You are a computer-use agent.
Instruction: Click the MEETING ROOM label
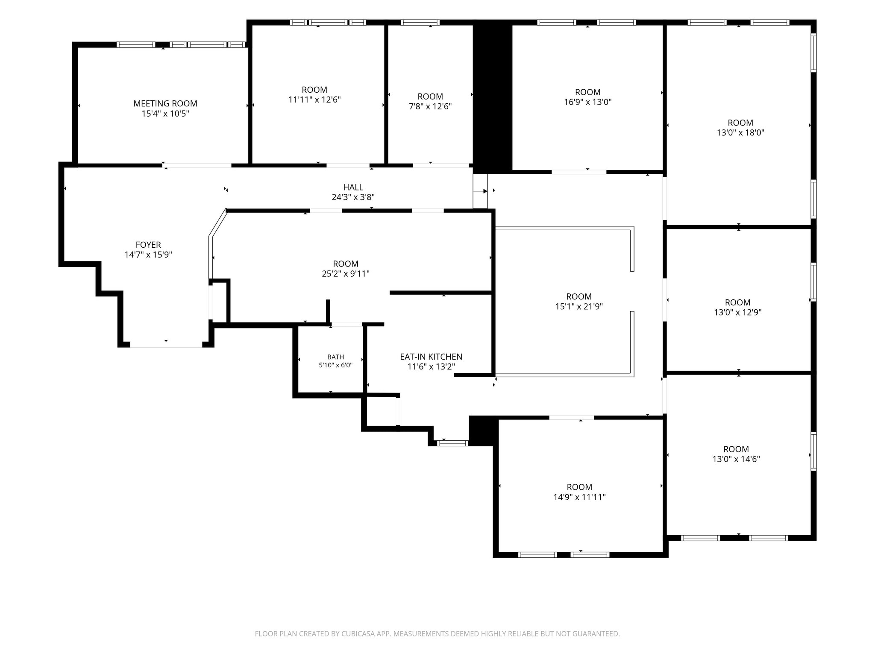[165, 103]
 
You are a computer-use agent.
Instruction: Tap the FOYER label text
[148, 245]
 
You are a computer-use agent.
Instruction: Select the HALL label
[353, 187]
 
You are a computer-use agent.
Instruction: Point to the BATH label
[336, 357]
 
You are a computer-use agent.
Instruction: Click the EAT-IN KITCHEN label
[431, 357]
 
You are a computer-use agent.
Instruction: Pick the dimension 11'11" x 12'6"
[314, 100]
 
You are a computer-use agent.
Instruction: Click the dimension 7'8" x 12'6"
[430, 106]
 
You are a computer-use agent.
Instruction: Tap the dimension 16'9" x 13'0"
[588, 102]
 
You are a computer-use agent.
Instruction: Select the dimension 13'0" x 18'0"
[740, 133]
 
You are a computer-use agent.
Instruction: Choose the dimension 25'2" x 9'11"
[346, 274]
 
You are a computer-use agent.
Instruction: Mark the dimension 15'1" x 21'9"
[579, 306]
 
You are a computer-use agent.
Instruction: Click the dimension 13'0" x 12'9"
[738, 312]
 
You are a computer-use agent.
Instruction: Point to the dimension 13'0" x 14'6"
[736, 459]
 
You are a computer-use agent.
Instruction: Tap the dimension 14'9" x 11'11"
[579, 497]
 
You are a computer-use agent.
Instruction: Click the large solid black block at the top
[493, 97]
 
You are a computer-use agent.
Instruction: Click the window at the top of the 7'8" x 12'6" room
[420, 23]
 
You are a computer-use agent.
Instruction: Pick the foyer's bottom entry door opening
[166, 344]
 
